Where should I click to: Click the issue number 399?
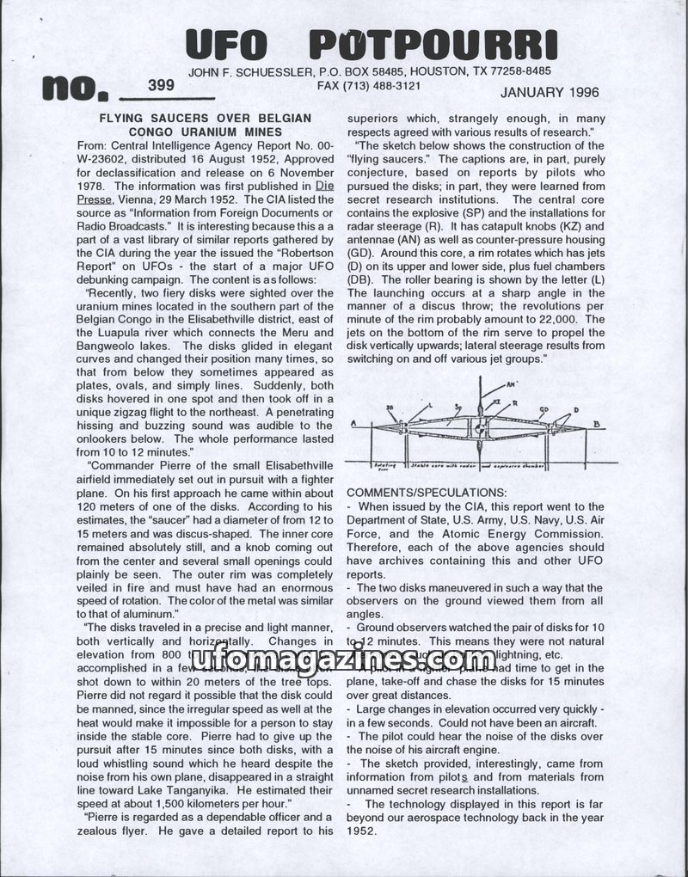(162, 84)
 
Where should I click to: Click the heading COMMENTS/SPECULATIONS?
(426, 492)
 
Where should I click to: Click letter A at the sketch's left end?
(353, 424)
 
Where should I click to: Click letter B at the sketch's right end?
(596, 425)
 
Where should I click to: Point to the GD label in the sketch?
(544, 410)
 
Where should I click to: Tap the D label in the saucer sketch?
(576, 411)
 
